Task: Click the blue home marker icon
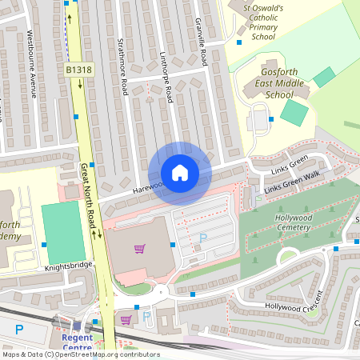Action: (179, 173)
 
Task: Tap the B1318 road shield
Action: (78, 70)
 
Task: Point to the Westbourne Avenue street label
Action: (32, 63)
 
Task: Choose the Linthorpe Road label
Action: (168, 80)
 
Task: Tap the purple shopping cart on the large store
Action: (140, 249)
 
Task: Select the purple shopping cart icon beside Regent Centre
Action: (126, 320)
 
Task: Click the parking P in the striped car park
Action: (202, 238)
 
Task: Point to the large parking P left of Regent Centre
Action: (19, 329)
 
